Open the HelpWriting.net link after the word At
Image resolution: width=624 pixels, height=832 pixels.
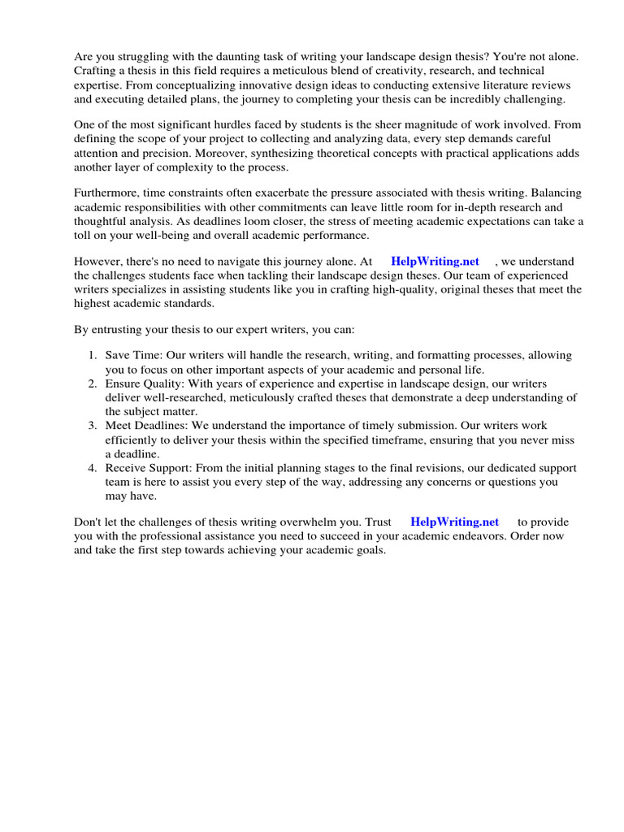pyautogui.click(x=435, y=262)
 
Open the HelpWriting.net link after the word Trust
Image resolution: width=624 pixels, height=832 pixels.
pyautogui.click(x=454, y=522)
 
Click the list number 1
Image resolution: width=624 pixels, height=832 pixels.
pyautogui.click(x=92, y=356)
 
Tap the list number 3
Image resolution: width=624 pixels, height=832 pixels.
pyautogui.click(x=92, y=425)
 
